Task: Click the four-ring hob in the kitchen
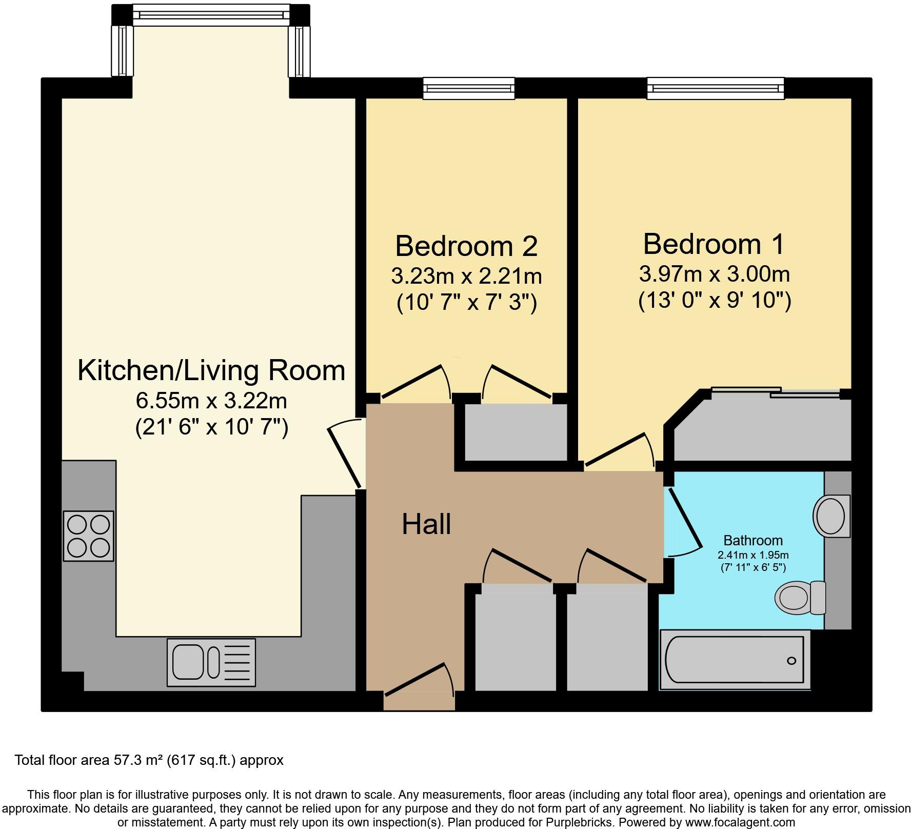89,536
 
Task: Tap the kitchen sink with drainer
211,662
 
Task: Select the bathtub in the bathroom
735,659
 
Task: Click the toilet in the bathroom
799,598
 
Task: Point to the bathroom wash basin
831,516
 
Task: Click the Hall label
426,524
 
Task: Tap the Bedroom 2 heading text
466,246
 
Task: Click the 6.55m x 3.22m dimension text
211,401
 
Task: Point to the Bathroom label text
752,540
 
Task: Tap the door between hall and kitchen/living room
345,454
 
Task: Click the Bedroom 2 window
468,88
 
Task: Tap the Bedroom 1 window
716,88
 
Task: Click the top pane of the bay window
211,15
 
